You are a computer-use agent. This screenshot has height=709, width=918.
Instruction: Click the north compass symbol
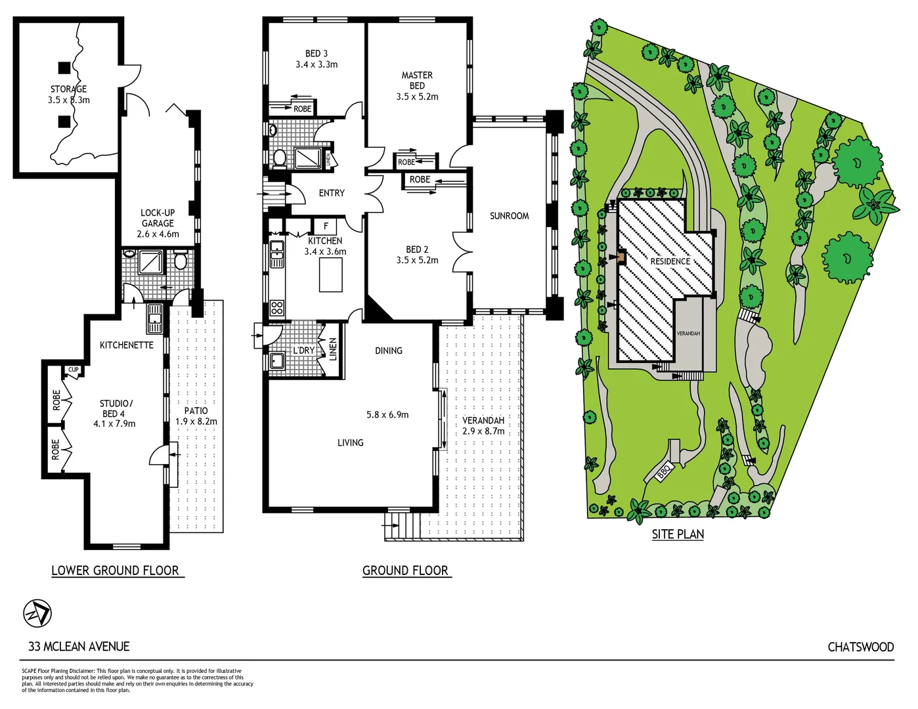point(37,613)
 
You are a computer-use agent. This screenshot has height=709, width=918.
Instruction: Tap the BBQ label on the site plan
point(663,471)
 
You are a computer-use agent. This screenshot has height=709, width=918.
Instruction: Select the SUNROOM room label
point(509,216)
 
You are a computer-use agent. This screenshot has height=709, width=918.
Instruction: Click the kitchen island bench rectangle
point(331,275)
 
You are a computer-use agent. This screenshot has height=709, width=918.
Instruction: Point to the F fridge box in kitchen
point(326,226)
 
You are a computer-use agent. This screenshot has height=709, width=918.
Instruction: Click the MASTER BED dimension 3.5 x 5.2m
point(417,97)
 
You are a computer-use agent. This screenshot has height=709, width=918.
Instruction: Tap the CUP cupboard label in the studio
point(74,370)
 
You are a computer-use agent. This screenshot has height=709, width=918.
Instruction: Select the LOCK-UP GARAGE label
point(158,218)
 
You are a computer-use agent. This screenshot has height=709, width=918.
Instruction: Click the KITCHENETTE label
point(127,345)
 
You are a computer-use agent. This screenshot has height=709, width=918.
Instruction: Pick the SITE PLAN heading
point(678,534)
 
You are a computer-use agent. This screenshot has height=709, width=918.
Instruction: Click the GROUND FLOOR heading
point(406,571)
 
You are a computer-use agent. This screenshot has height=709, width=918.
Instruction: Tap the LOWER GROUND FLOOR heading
point(116,571)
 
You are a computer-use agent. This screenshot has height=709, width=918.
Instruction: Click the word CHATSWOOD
point(860,647)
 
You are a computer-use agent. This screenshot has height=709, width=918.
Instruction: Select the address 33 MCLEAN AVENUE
point(79,647)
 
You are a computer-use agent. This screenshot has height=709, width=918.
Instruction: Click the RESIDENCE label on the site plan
point(670,261)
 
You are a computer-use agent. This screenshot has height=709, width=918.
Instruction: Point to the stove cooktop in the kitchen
point(277,307)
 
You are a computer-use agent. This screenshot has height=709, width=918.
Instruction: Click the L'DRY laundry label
point(304,351)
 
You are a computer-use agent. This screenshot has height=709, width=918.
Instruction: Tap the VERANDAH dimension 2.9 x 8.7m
point(483,431)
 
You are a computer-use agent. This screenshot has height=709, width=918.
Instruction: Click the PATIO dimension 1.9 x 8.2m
point(196,421)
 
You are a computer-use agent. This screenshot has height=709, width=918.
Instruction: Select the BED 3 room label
point(317,54)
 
